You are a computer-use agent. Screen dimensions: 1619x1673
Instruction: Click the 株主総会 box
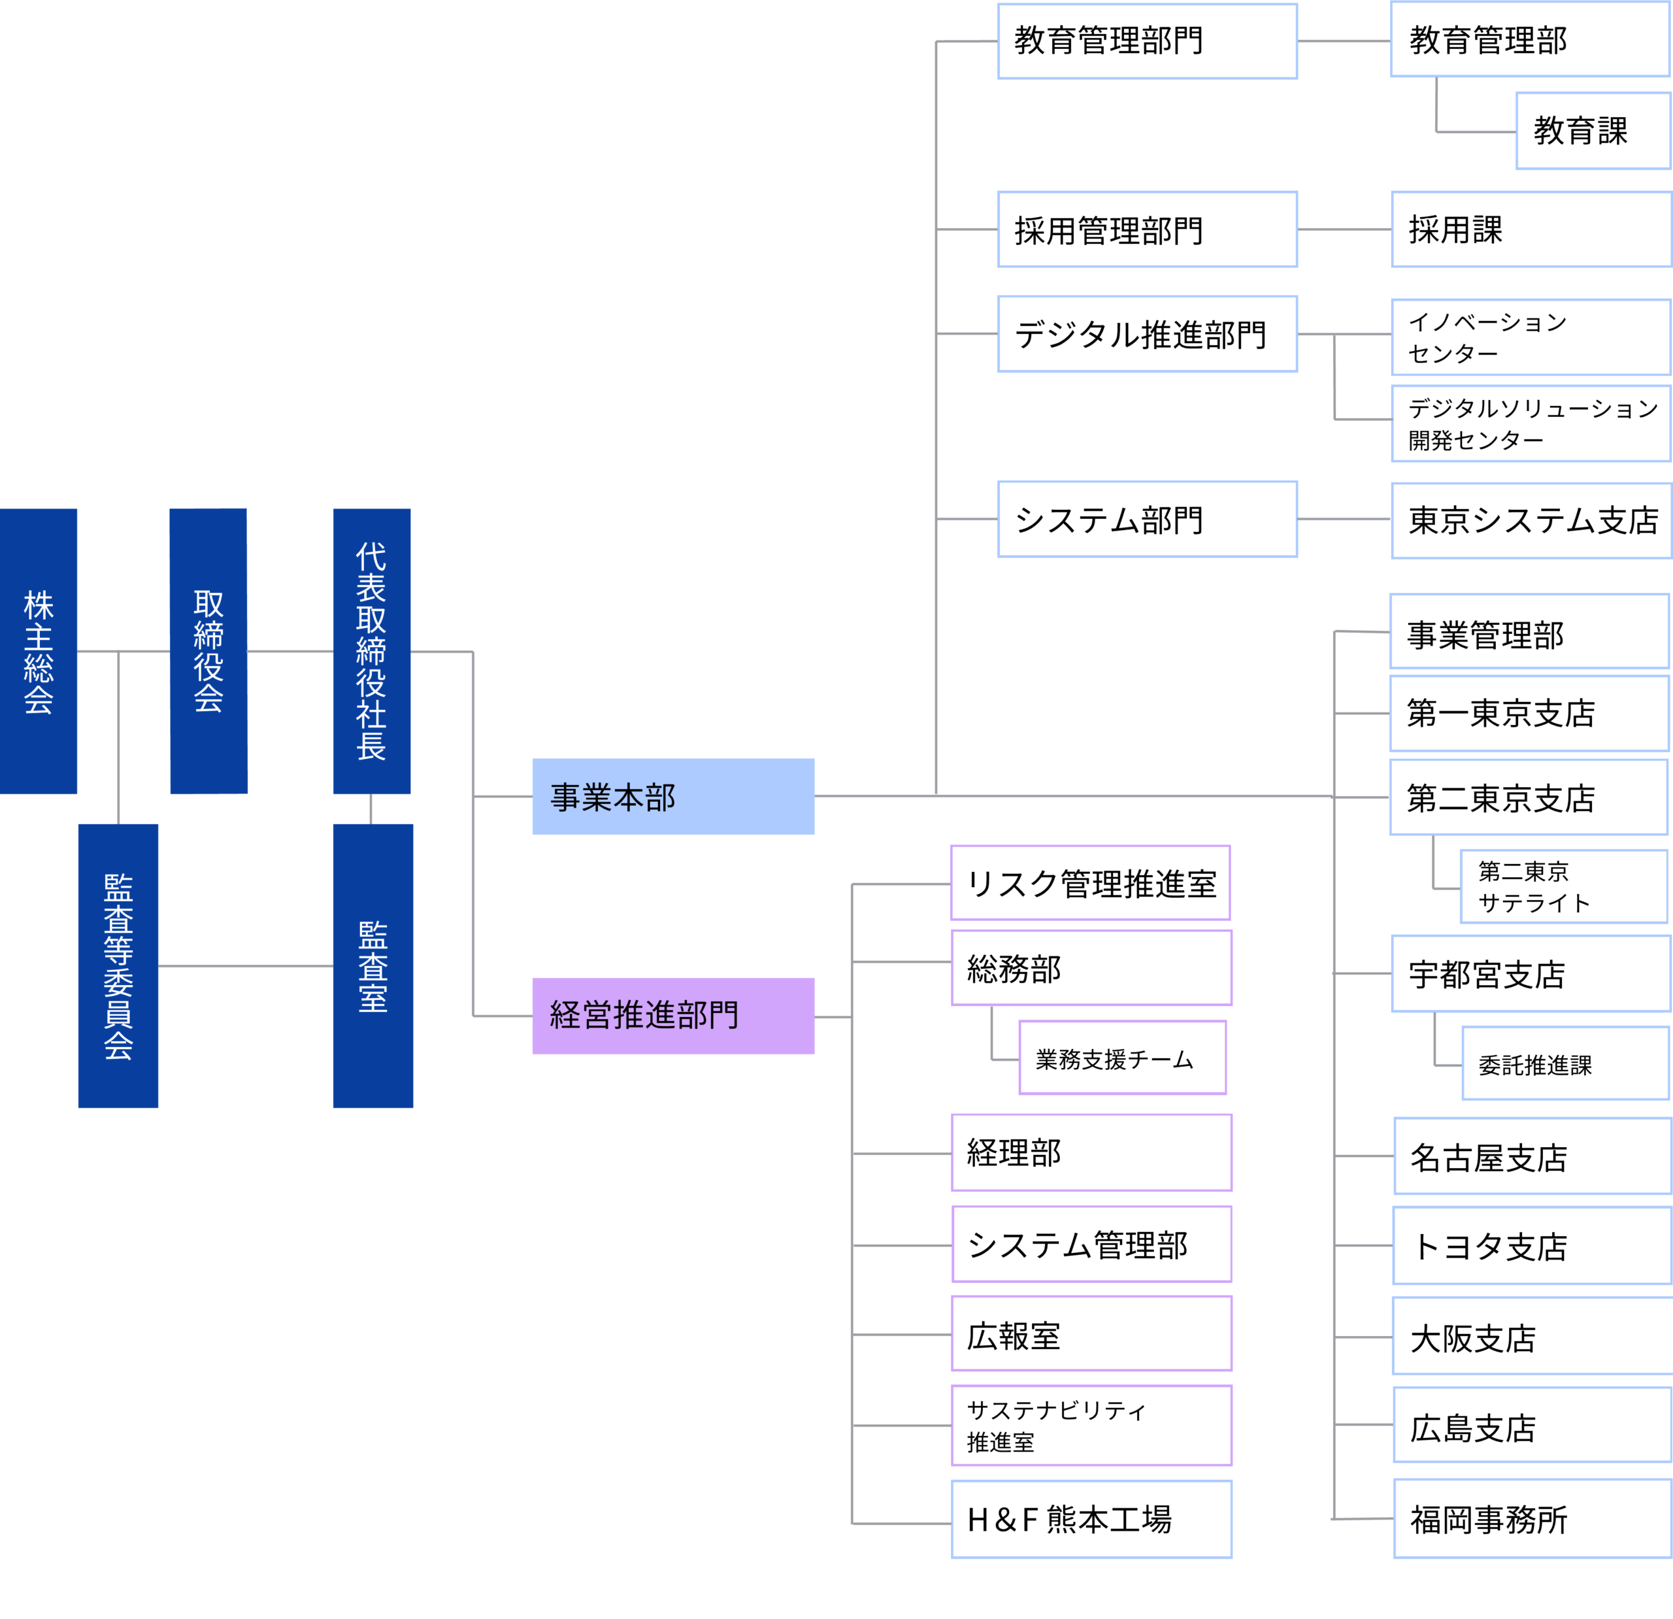39,652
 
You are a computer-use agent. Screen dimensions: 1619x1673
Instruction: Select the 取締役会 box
208,652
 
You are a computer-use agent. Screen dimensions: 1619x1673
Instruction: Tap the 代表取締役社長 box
371,652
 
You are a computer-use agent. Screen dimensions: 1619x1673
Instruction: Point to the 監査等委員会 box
118,966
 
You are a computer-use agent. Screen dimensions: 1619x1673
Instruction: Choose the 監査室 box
373,966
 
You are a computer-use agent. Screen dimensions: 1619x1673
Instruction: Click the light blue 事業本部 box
672,797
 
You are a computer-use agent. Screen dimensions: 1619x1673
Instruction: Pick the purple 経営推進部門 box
672,1016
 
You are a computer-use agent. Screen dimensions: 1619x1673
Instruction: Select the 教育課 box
1593,131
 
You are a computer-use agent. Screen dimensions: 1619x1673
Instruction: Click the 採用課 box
1531,229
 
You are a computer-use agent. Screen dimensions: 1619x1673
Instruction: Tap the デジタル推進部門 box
1147,334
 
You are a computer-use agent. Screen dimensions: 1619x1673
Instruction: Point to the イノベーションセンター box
1531,337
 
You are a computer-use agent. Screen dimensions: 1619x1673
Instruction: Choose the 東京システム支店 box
1531,521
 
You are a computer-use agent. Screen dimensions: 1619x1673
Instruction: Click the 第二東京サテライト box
1564,887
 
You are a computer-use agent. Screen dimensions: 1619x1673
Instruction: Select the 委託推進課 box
1565,1064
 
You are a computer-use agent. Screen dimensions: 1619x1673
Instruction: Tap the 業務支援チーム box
1123,1058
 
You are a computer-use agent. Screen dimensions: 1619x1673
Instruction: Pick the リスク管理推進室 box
1090,884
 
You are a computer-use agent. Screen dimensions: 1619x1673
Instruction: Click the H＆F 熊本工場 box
1091,1520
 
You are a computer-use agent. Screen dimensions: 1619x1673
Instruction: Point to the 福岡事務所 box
1532,1520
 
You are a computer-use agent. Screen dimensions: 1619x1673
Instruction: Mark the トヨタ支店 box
1532,1246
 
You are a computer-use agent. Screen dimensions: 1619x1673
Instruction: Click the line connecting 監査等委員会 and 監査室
245,967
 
